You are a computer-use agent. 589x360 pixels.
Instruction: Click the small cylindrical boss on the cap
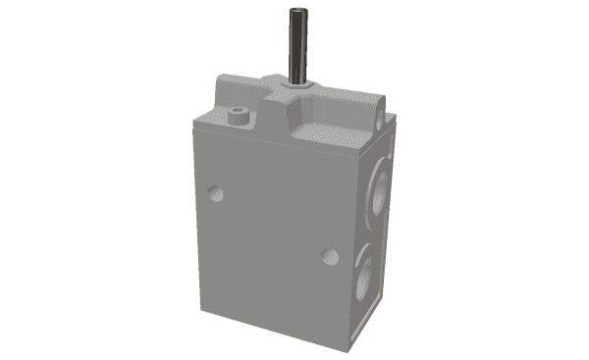point(237,115)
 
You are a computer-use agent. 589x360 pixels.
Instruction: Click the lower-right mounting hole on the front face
point(330,257)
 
